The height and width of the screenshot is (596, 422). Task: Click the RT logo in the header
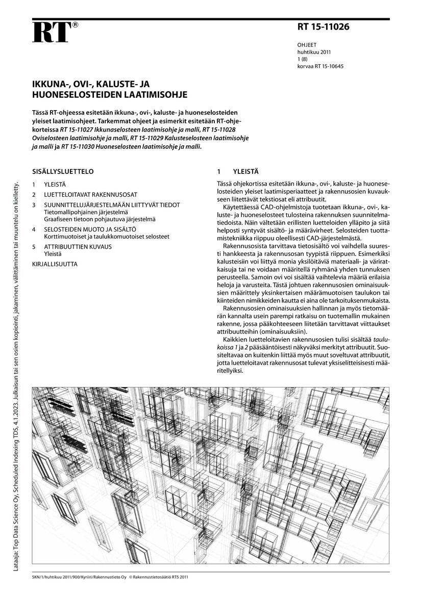(x=51, y=33)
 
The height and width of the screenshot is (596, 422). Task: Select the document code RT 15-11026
(x=324, y=28)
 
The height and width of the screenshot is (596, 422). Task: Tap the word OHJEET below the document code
(x=307, y=45)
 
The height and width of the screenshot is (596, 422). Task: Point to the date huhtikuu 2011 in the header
(x=314, y=52)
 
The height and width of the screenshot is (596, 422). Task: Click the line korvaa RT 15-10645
(x=320, y=66)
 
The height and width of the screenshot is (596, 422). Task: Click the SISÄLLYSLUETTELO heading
(x=63, y=172)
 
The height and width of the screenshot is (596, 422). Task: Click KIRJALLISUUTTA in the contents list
(x=55, y=264)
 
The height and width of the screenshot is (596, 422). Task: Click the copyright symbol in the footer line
(x=130, y=578)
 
